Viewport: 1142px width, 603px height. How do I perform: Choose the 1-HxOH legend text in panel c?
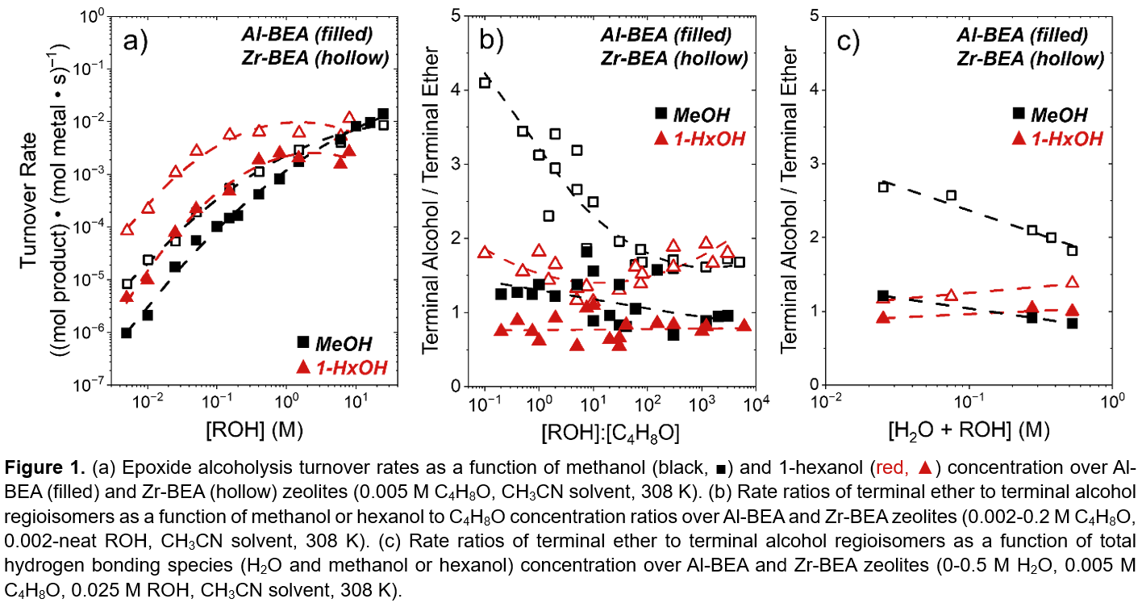tap(1065, 139)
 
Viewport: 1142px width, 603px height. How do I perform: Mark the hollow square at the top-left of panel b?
tap(485, 82)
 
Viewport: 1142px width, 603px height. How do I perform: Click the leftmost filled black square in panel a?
tap(127, 333)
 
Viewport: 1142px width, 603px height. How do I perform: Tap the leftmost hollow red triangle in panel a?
tap(127, 229)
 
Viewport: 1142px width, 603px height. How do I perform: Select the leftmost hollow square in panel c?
tap(883, 187)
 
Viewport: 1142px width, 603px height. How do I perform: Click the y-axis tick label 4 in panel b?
tap(457, 90)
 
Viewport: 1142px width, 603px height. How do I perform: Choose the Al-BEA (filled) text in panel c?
tap(1022, 36)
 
